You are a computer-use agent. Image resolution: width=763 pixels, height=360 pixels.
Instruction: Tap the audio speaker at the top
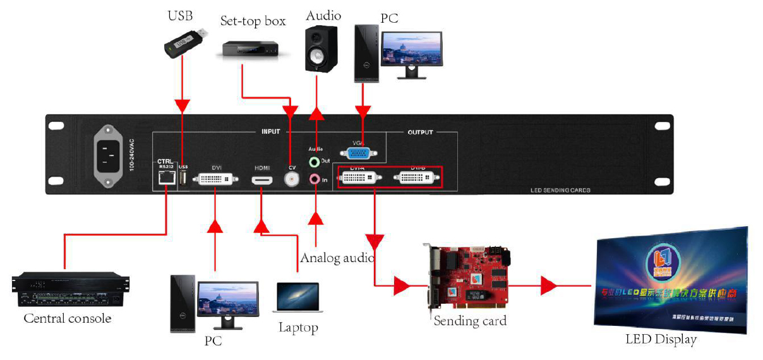point(321,49)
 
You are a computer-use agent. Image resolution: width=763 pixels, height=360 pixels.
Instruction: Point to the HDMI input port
point(262,181)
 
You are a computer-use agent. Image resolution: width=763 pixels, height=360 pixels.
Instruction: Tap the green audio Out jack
point(315,162)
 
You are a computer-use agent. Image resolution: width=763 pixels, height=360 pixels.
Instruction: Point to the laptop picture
point(297,297)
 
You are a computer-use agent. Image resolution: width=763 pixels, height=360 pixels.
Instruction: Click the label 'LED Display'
point(661,340)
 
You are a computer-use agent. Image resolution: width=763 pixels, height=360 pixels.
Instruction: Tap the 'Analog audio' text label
point(337,258)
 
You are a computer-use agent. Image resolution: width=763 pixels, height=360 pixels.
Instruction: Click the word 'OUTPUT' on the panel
point(420,133)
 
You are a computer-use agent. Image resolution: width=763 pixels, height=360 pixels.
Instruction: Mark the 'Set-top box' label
point(253,21)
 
